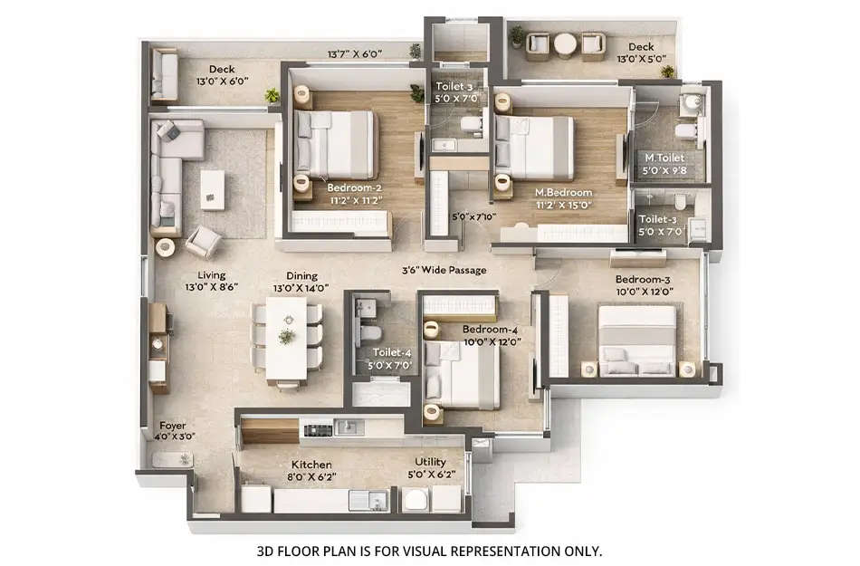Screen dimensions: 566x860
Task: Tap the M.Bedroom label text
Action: (x=563, y=193)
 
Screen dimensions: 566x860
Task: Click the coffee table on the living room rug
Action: (x=212, y=189)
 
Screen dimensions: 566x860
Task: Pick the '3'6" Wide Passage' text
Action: (x=444, y=270)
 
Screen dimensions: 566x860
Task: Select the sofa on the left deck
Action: (x=165, y=74)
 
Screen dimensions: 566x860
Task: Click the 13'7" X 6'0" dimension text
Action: (x=354, y=54)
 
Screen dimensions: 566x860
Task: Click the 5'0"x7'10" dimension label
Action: (x=473, y=217)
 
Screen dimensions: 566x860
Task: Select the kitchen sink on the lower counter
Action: (x=366, y=498)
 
